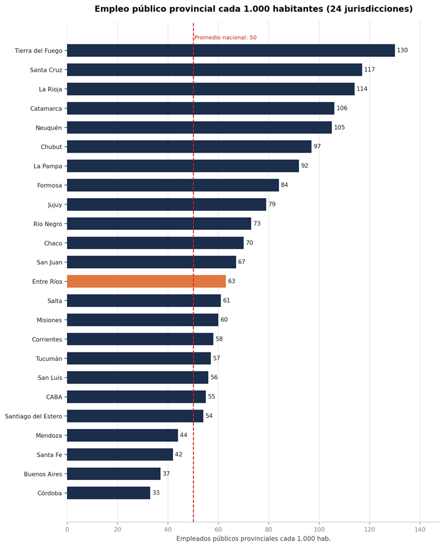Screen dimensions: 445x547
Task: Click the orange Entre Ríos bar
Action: (146, 281)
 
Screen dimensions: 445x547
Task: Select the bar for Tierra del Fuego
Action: (231, 50)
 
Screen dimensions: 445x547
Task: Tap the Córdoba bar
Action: (109, 492)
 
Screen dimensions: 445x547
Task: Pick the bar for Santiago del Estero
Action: (135, 416)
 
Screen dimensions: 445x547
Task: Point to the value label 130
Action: (402, 50)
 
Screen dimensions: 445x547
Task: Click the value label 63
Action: (231, 281)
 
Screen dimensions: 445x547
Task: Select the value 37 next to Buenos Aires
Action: (166, 474)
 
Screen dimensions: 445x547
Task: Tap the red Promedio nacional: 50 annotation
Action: (225, 37)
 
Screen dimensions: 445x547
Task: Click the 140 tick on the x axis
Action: (420, 530)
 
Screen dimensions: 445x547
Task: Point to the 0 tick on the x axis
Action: (67, 530)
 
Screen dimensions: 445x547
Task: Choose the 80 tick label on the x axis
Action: (269, 530)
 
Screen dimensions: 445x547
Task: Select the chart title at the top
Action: (253, 9)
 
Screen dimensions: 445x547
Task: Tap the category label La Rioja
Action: (50, 89)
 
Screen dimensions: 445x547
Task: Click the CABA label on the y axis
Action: (54, 397)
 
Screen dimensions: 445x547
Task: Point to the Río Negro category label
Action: (48, 224)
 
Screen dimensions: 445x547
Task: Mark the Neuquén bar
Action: (199, 128)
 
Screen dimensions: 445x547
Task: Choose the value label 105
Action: (339, 128)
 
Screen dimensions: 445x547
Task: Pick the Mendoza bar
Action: (122, 435)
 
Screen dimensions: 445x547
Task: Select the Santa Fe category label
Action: (49, 454)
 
